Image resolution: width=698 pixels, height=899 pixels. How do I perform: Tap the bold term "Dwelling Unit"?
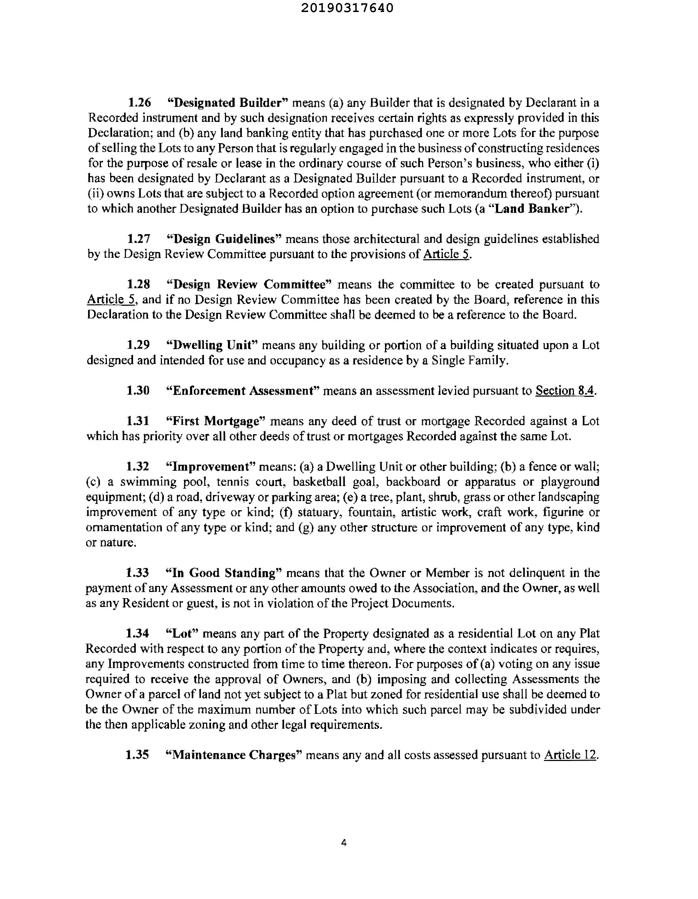[x=211, y=345]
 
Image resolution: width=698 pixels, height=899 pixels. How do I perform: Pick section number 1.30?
[x=138, y=391]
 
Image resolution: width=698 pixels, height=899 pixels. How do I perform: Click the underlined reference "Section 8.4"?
[x=565, y=391]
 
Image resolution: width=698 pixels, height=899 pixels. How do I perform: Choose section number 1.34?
[x=137, y=634]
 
